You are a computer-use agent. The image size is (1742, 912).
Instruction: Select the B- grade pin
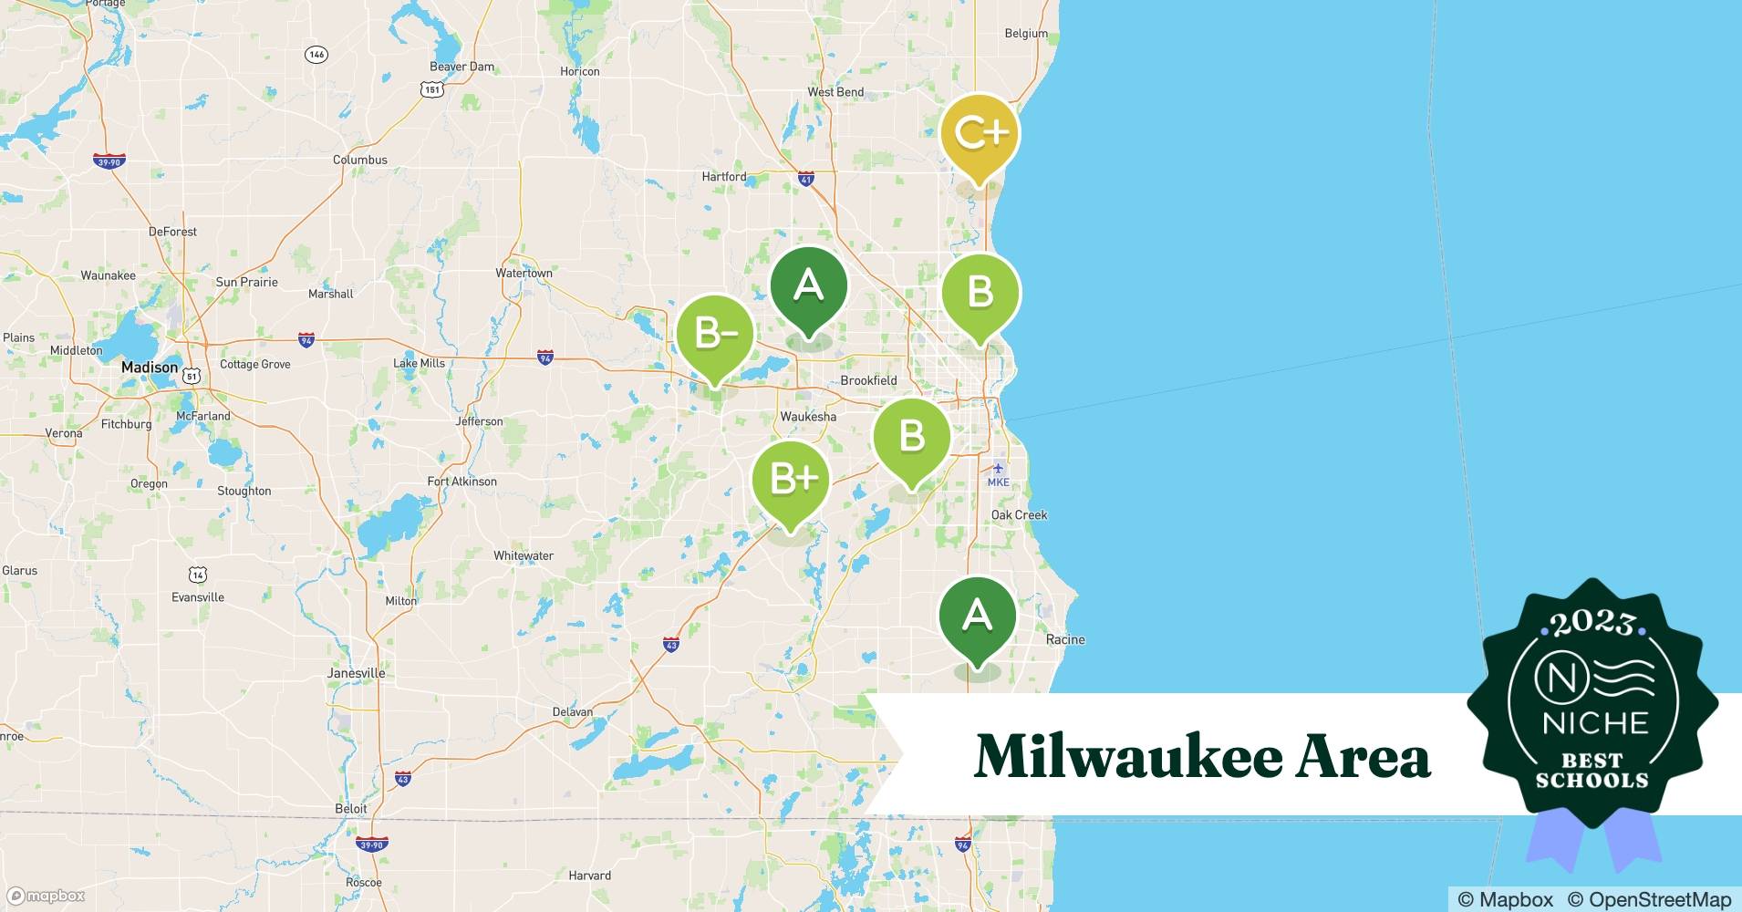(x=715, y=335)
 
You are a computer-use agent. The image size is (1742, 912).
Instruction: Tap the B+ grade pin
(x=791, y=479)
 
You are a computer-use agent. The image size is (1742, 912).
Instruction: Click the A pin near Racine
(x=978, y=616)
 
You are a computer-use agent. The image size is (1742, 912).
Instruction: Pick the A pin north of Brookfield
(x=808, y=286)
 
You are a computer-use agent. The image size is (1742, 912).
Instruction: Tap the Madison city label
(x=150, y=368)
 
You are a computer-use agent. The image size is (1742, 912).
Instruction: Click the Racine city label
(x=1065, y=639)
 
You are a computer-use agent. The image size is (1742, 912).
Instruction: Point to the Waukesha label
(x=808, y=417)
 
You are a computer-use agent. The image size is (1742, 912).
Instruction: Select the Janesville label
(x=356, y=673)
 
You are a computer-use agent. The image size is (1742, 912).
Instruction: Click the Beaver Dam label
(x=461, y=67)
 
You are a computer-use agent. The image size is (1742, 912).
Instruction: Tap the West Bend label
(x=835, y=92)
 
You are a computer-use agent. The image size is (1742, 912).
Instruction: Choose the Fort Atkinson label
(x=462, y=482)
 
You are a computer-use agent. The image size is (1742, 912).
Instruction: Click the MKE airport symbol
(x=998, y=469)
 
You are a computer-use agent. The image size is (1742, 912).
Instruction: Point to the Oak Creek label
(x=1019, y=515)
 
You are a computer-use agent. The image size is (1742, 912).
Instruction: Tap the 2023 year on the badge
(x=1592, y=623)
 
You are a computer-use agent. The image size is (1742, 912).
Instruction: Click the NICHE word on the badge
(x=1595, y=724)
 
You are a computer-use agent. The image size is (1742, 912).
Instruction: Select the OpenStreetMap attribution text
(x=1649, y=899)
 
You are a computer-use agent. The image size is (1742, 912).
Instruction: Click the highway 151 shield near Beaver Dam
(x=432, y=89)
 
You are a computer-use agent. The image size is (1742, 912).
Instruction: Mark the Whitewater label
(x=524, y=555)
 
